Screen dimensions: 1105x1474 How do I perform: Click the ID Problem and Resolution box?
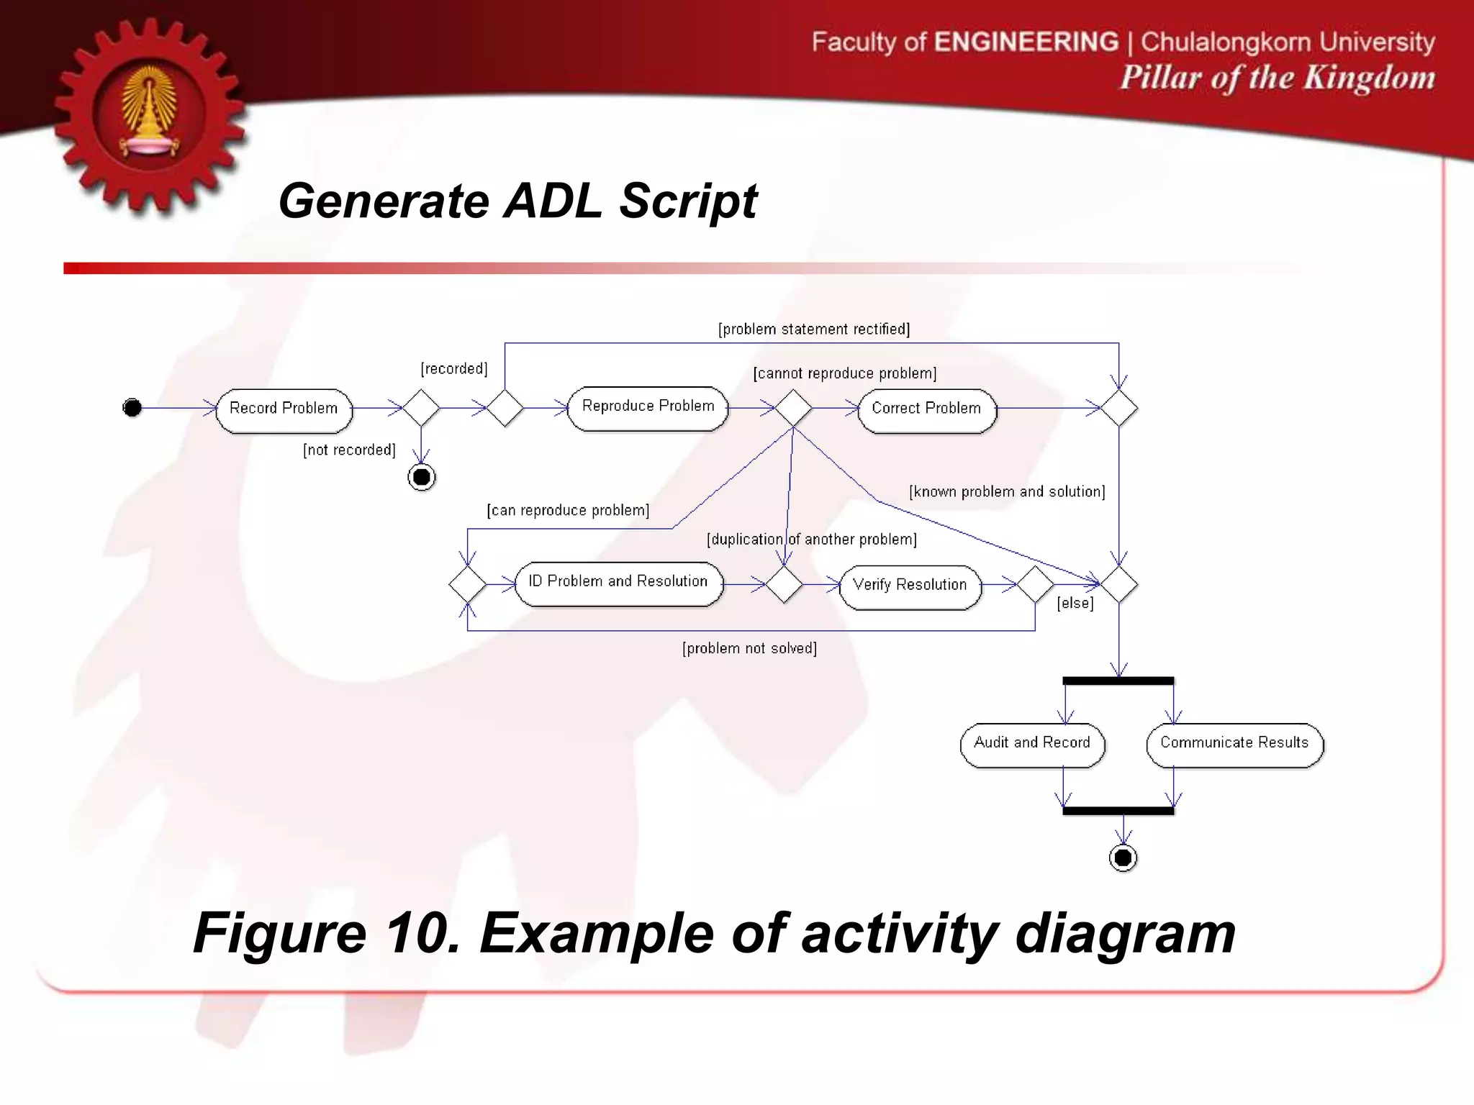pyautogui.click(x=618, y=583)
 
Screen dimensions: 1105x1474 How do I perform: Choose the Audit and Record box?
pyautogui.click(x=1031, y=745)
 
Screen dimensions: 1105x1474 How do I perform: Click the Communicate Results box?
pyautogui.click(x=1234, y=745)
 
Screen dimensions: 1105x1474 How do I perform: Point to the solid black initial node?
pyautogui.click(x=132, y=408)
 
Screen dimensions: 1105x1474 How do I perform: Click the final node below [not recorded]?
pyautogui.click(x=422, y=477)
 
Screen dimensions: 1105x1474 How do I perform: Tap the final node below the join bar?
pyautogui.click(x=1123, y=858)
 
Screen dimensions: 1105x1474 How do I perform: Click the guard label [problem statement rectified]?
pyautogui.click(x=814, y=329)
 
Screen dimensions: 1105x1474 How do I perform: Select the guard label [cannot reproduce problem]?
pyautogui.click(x=845, y=373)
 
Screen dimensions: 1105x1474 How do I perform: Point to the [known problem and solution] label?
pyautogui.click(x=1007, y=492)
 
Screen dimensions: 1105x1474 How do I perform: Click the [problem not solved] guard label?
pyautogui.click(x=749, y=648)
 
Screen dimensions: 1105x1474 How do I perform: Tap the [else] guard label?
pyautogui.click(x=1075, y=604)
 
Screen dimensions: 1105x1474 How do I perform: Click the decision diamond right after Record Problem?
pyautogui.click(x=421, y=408)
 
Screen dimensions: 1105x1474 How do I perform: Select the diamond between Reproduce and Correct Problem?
pyautogui.click(x=793, y=408)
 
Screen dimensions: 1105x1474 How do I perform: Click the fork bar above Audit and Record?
pyautogui.click(x=1118, y=681)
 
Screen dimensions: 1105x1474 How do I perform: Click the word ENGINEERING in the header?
pyautogui.click(x=1026, y=42)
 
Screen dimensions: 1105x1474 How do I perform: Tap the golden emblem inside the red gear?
pyautogui.click(x=150, y=114)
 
